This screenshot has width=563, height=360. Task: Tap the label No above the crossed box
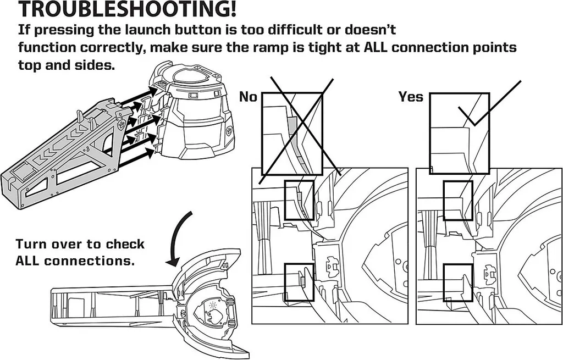(x=249, y=97)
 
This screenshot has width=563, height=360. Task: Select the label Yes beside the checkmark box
(x=411, y=97)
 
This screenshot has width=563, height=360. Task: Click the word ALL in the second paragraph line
(x=377, y=47)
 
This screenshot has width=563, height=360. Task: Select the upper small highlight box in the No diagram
(x=299, y=200)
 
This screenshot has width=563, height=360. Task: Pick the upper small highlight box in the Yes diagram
(x=457, y=200)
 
